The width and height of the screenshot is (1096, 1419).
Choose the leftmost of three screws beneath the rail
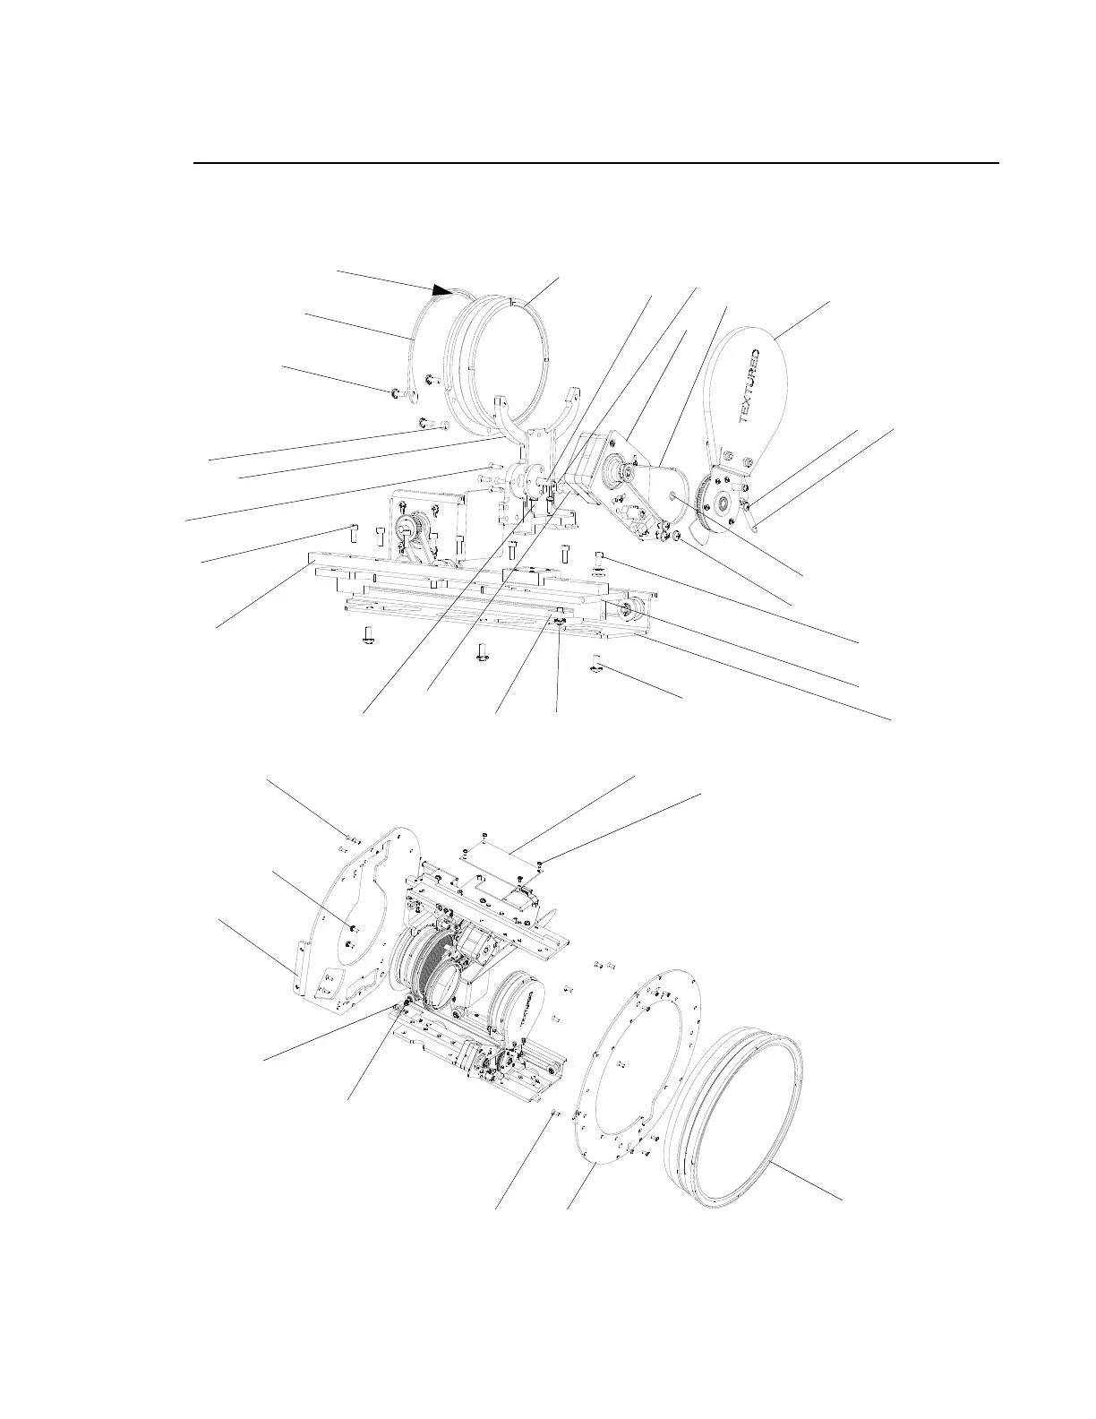pos(367,637)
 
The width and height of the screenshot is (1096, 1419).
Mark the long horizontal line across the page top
pos(596,164)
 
